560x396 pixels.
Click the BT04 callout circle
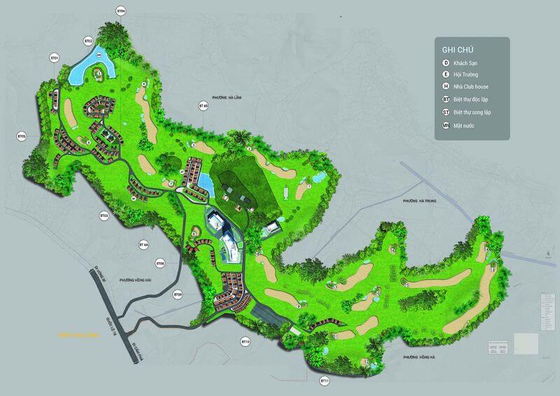coord(121,12)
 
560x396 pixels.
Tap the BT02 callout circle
coord(89,41)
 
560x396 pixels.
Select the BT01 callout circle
coord(54,57)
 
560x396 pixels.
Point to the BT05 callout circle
coord(21,136)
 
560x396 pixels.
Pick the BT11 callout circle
coord(324,380)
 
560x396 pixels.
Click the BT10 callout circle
coord(246,342)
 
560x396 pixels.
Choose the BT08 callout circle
coord(160,264)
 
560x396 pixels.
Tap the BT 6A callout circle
coord(144,245)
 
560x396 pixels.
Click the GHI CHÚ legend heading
coord(456,50)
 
